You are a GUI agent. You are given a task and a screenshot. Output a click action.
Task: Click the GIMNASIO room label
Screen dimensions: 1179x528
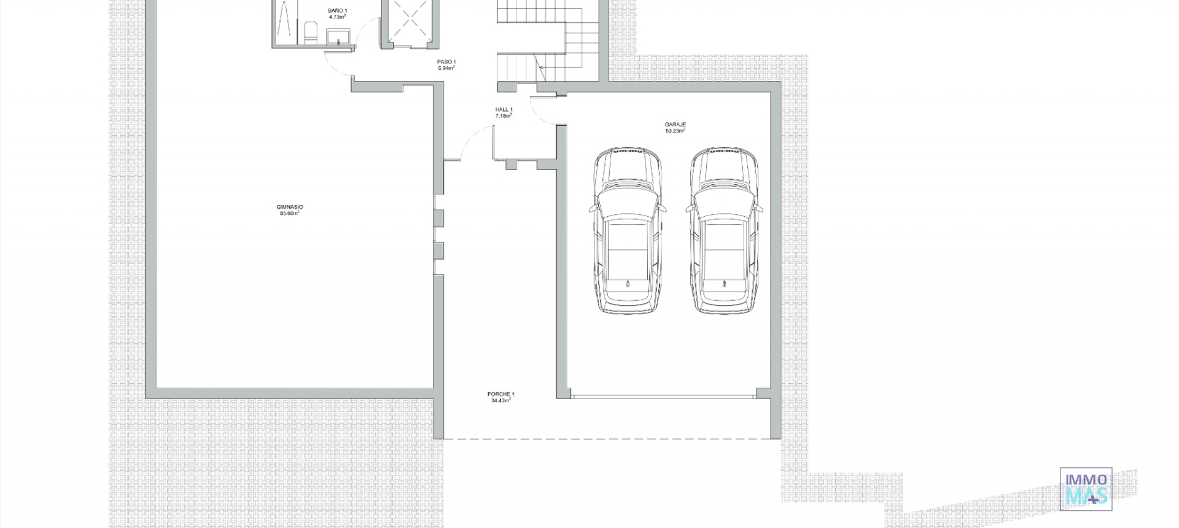pos(290,207)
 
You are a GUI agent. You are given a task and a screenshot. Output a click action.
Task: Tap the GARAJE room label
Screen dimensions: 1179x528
pos(675,125)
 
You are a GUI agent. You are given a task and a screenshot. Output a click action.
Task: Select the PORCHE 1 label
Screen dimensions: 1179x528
pos(501,394)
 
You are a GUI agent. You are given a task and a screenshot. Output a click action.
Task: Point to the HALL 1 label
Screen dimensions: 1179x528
pos(504,110)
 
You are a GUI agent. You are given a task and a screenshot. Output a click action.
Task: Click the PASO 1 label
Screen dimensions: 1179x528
pos(446,62)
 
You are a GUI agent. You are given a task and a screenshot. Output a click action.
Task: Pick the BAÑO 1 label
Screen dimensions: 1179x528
pos(337,11)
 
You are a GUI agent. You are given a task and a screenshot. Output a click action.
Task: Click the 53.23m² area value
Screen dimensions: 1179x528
pos(675,131)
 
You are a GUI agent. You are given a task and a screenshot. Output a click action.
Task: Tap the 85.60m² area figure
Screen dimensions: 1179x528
pos(290,213)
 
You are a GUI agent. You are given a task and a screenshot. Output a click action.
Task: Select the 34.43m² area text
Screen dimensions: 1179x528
pos(501,400)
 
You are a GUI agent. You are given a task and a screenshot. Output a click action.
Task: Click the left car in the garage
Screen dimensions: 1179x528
pos(628,231)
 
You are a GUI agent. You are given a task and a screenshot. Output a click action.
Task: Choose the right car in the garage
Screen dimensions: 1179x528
pos(725,231)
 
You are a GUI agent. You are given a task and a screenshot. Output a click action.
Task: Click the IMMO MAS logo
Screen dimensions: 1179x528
pos(1086,489)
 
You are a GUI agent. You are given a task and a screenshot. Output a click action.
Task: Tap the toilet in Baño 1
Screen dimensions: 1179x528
pos(310,33)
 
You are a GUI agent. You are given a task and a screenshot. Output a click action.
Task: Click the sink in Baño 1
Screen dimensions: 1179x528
pos(338,39)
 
